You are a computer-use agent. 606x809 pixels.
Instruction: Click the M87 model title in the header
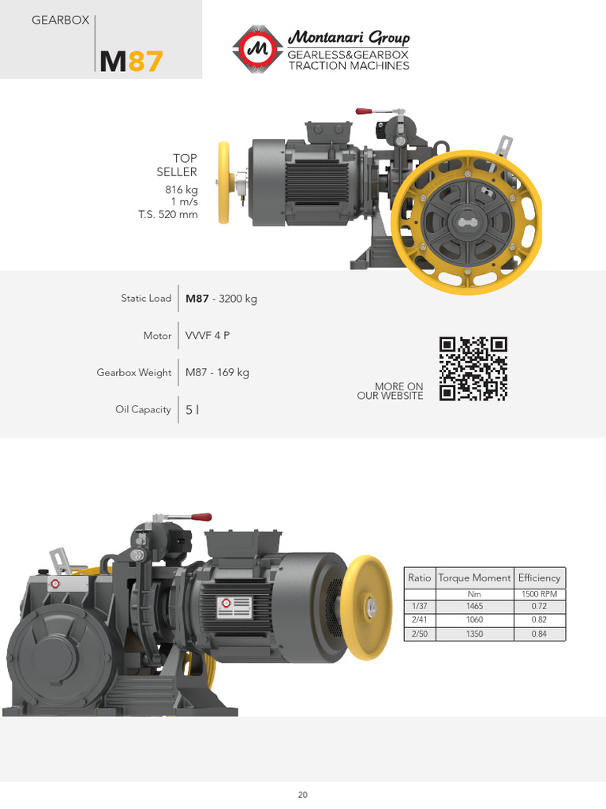[131, 61]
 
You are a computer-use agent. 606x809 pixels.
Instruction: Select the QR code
[473, 368]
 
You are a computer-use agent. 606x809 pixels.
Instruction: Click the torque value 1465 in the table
[474, 606]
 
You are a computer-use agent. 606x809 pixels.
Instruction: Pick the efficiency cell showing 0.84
[539, 634]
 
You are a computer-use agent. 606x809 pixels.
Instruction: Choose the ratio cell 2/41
[419, 620]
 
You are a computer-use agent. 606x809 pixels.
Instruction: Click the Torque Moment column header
[474, 578]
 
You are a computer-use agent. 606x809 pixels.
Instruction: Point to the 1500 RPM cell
[539, 593]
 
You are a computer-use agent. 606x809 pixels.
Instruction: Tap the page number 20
[303, 795]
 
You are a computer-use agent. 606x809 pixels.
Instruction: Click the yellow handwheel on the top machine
[225, 183]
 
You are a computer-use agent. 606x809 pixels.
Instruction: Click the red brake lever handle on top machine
[365, 112]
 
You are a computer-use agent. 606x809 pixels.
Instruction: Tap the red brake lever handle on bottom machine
[201, 517]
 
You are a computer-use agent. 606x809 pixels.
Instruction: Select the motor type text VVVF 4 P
[208, 336]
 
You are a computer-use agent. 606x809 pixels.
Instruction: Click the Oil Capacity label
[143, 409]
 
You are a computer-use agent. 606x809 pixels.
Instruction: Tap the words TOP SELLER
[178, 165]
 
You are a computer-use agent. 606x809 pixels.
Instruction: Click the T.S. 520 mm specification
[168, 214]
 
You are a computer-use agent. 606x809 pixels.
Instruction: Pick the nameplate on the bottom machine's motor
[234, 607]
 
